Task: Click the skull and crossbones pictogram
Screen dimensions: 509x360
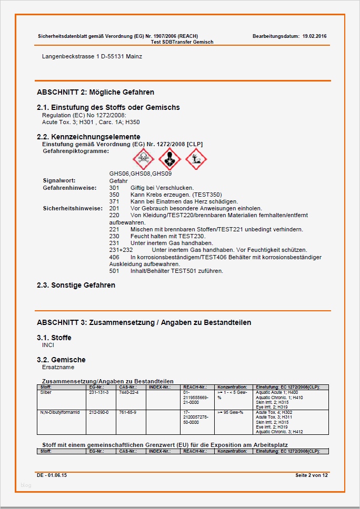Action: [x=143, y=158]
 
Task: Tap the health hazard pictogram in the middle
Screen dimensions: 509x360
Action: [x=169, y=158]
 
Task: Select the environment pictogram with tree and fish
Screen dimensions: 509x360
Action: [x=196, y=158]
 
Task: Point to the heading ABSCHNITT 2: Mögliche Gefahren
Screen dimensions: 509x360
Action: [x=95, y=92]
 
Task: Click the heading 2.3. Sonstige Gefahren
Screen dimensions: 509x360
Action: [x=76, y=286]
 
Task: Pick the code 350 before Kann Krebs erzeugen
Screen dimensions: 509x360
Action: [x=114, y=195]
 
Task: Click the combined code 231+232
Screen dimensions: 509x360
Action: [x=121, y=250]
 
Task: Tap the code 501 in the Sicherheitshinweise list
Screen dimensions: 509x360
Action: [x=114, y=271]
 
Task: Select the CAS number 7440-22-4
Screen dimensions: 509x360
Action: [x=129, y=392]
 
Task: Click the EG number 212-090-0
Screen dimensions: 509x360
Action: [x=99, y=412]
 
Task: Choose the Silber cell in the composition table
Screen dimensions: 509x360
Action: [x=46, y=392]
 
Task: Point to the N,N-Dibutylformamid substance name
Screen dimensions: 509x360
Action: [x=59, y=412]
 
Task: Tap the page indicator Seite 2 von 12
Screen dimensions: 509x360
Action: [x=312, y=475]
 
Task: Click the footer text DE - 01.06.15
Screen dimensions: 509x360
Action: [x=52, y=475]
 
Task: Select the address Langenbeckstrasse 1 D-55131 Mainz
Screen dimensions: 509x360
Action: [x=92, y=56]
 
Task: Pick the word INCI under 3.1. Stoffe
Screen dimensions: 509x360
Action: [x=48, y=345]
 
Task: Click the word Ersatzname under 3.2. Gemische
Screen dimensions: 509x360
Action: [x=58, y=367]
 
